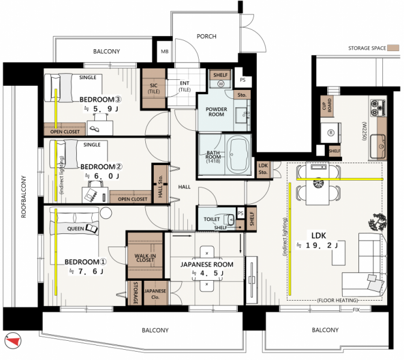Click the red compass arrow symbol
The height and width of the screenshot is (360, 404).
coord(13,341)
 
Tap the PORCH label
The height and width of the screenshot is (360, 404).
coord(207,37)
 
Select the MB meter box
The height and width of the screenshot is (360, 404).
coord(164,52)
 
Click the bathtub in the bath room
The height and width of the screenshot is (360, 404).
coord(238,154)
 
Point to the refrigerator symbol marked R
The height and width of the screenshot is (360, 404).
coord(331,133)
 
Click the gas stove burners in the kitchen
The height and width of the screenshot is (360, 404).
coord(378,107)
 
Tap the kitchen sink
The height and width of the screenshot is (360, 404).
coord(378,146)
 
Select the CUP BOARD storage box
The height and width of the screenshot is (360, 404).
coord(327,106)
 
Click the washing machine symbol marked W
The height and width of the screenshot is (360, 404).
coord(220,83)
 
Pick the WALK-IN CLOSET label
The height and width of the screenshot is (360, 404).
coord(145,257)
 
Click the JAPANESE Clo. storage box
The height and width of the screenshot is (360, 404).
coord(155,293)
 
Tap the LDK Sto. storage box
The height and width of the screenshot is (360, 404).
coord(263,169)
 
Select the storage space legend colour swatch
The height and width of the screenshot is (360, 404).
coord(393,48)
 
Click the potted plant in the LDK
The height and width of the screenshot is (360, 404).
coord(378,222)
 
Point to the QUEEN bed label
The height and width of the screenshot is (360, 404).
coord(75,229)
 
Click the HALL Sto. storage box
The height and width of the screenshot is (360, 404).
coord(160,184)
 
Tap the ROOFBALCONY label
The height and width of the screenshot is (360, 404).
coord(23,197)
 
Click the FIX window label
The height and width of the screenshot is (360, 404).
coord(356,310)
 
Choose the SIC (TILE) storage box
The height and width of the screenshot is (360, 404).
coord(154,88)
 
